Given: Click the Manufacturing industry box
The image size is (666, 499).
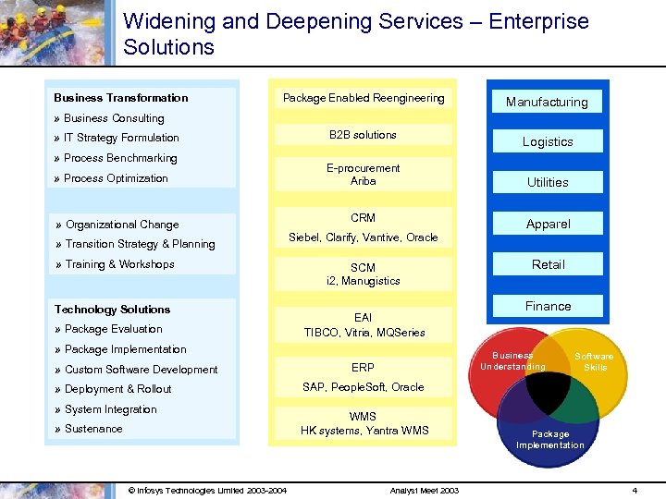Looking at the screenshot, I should coord(547,102).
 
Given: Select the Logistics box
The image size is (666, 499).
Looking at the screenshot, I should coord(548,141).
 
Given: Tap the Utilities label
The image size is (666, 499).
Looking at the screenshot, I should coord(548,182).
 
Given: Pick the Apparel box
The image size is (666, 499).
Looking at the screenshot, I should coord(548,224).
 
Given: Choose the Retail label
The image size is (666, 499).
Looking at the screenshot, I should coord(548,264).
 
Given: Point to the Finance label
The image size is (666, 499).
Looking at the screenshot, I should coord(548,306).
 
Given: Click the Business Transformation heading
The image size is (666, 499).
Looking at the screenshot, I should coord(120,98).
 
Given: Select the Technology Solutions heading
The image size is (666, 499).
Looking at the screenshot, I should coord(112,310).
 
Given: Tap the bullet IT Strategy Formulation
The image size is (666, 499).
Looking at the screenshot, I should coord(121,138).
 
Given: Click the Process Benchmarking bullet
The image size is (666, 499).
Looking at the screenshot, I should coord(120,158).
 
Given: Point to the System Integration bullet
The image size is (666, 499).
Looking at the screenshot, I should coord(110,409).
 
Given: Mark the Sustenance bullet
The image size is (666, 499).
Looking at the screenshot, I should coord(93,429).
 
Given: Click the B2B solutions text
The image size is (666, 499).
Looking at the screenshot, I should coord(363,135).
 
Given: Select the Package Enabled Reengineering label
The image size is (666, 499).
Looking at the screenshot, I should coord(364,98).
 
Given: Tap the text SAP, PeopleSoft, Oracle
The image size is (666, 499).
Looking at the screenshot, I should coord(364,387).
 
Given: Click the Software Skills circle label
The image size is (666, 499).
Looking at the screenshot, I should coord(595,361).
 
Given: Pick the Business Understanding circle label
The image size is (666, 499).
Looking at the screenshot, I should coord(512,360).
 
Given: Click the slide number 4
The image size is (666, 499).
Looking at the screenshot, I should coord(634,490).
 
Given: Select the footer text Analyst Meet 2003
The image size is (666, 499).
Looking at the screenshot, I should coord(425,490).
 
